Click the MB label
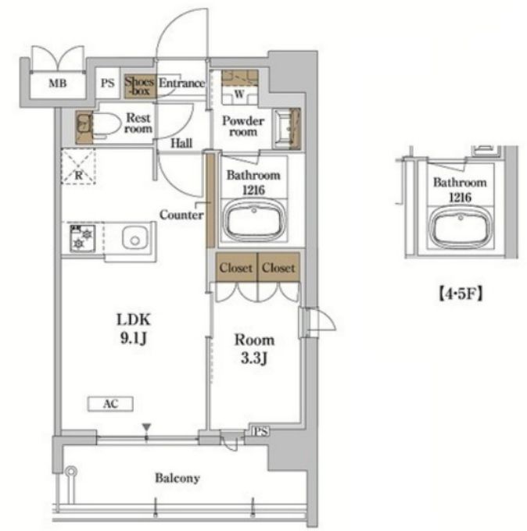(58, 83)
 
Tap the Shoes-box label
(139, 86)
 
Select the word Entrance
(181, 83)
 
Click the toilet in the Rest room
(102, 126)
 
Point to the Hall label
(181, 143)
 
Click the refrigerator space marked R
(78, 166)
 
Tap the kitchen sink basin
(135, 237)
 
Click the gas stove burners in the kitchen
(82, 238)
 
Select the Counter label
(181, 215)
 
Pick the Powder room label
(243, 126)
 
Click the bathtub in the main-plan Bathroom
(253, 220)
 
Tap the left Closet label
(236, 268)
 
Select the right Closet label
(278, 268)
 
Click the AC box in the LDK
(110, 404)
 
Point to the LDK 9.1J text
(134, 329)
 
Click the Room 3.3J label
(254, 349)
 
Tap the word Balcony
(177, 478)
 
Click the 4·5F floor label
(461, 294)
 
